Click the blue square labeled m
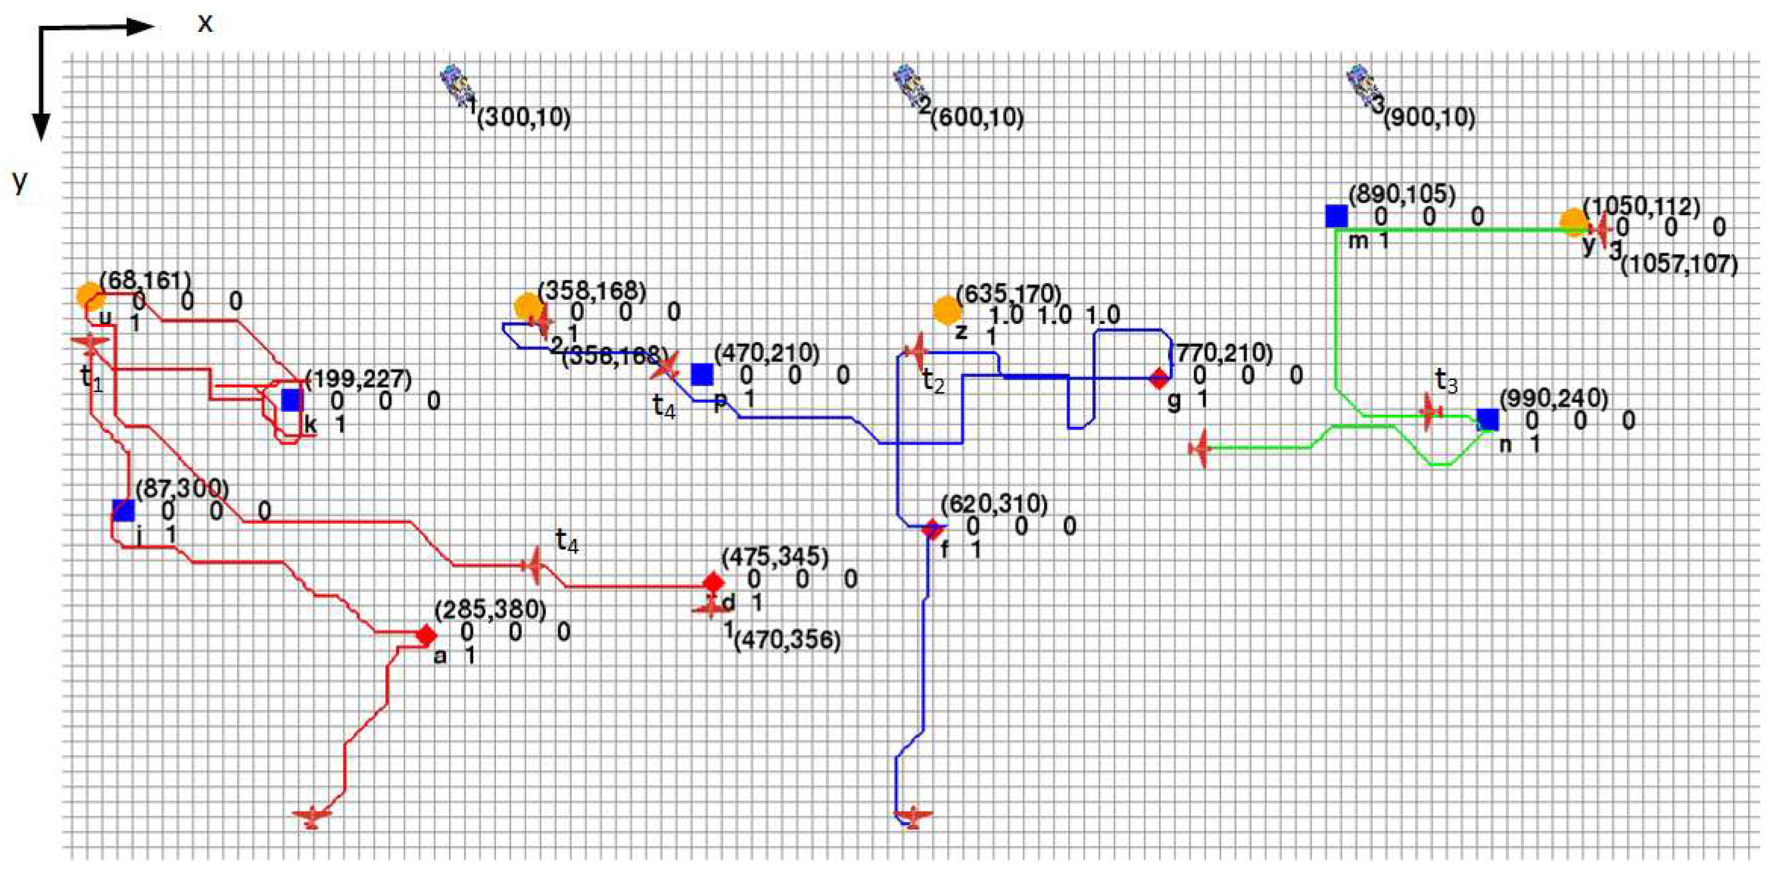[x=1336, y=216]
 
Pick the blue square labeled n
[x=1488, y=420]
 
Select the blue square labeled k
[x=292, y=400]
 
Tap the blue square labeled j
[x=124, y=510]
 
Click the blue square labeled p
[x=702, y=375]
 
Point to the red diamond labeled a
[x=427, y=634]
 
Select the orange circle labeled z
[x=947, y=311]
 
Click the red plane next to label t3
[x=1428, y=412]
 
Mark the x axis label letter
[x=205, y=24]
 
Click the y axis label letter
[x=20, y=181]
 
